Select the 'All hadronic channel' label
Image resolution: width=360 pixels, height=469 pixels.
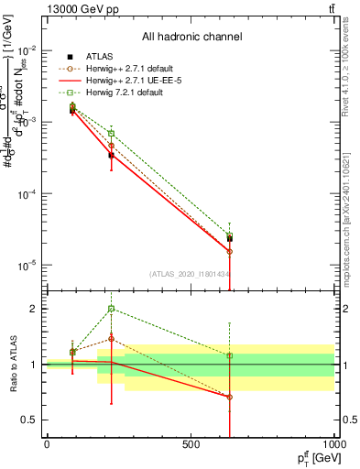click(191, 38)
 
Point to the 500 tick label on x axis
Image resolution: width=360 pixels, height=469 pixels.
click(191, 443)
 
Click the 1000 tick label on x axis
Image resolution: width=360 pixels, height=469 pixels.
click(333, 443)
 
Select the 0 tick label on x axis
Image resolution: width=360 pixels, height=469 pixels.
click(47, 443)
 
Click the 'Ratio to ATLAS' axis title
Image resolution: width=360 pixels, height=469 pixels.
click(11, 364)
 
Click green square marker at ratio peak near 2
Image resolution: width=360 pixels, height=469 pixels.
click(111, 309)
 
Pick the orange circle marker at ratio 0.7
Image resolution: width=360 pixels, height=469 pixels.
click(229, 397)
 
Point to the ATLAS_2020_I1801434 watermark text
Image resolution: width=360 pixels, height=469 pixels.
click(190, 274)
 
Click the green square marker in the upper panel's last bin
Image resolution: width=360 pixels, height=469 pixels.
click(229, 235)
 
